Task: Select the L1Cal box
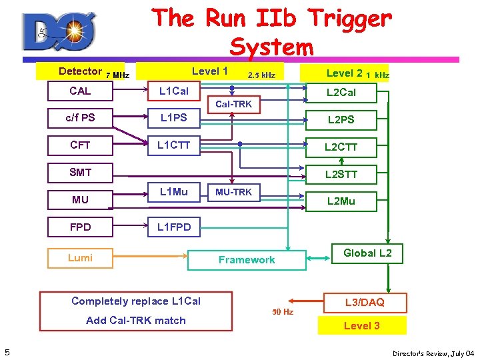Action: [x=173, y=91]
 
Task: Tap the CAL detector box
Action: [x=80, y=91]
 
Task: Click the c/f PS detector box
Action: [x=80, y=118]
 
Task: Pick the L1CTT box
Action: [x=173, y=145]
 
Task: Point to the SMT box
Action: [x=80, y=173]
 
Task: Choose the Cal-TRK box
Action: [x=233, y=104]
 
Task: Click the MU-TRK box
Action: [x=233, y=192]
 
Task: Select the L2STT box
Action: [x=341, y=175]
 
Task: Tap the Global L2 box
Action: [x=367, y=253]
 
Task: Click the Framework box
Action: [x=247, y=260]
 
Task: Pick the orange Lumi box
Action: [x=80, y=258]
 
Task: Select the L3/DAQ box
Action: [x=364, y=302]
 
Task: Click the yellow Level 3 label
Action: [x=362, y=326]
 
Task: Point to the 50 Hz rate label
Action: [x=283, y=312]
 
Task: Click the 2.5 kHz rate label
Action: [x=261, y=75]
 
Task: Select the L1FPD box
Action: [x=173, y=227]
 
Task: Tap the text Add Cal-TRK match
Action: [x=136, y=321]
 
